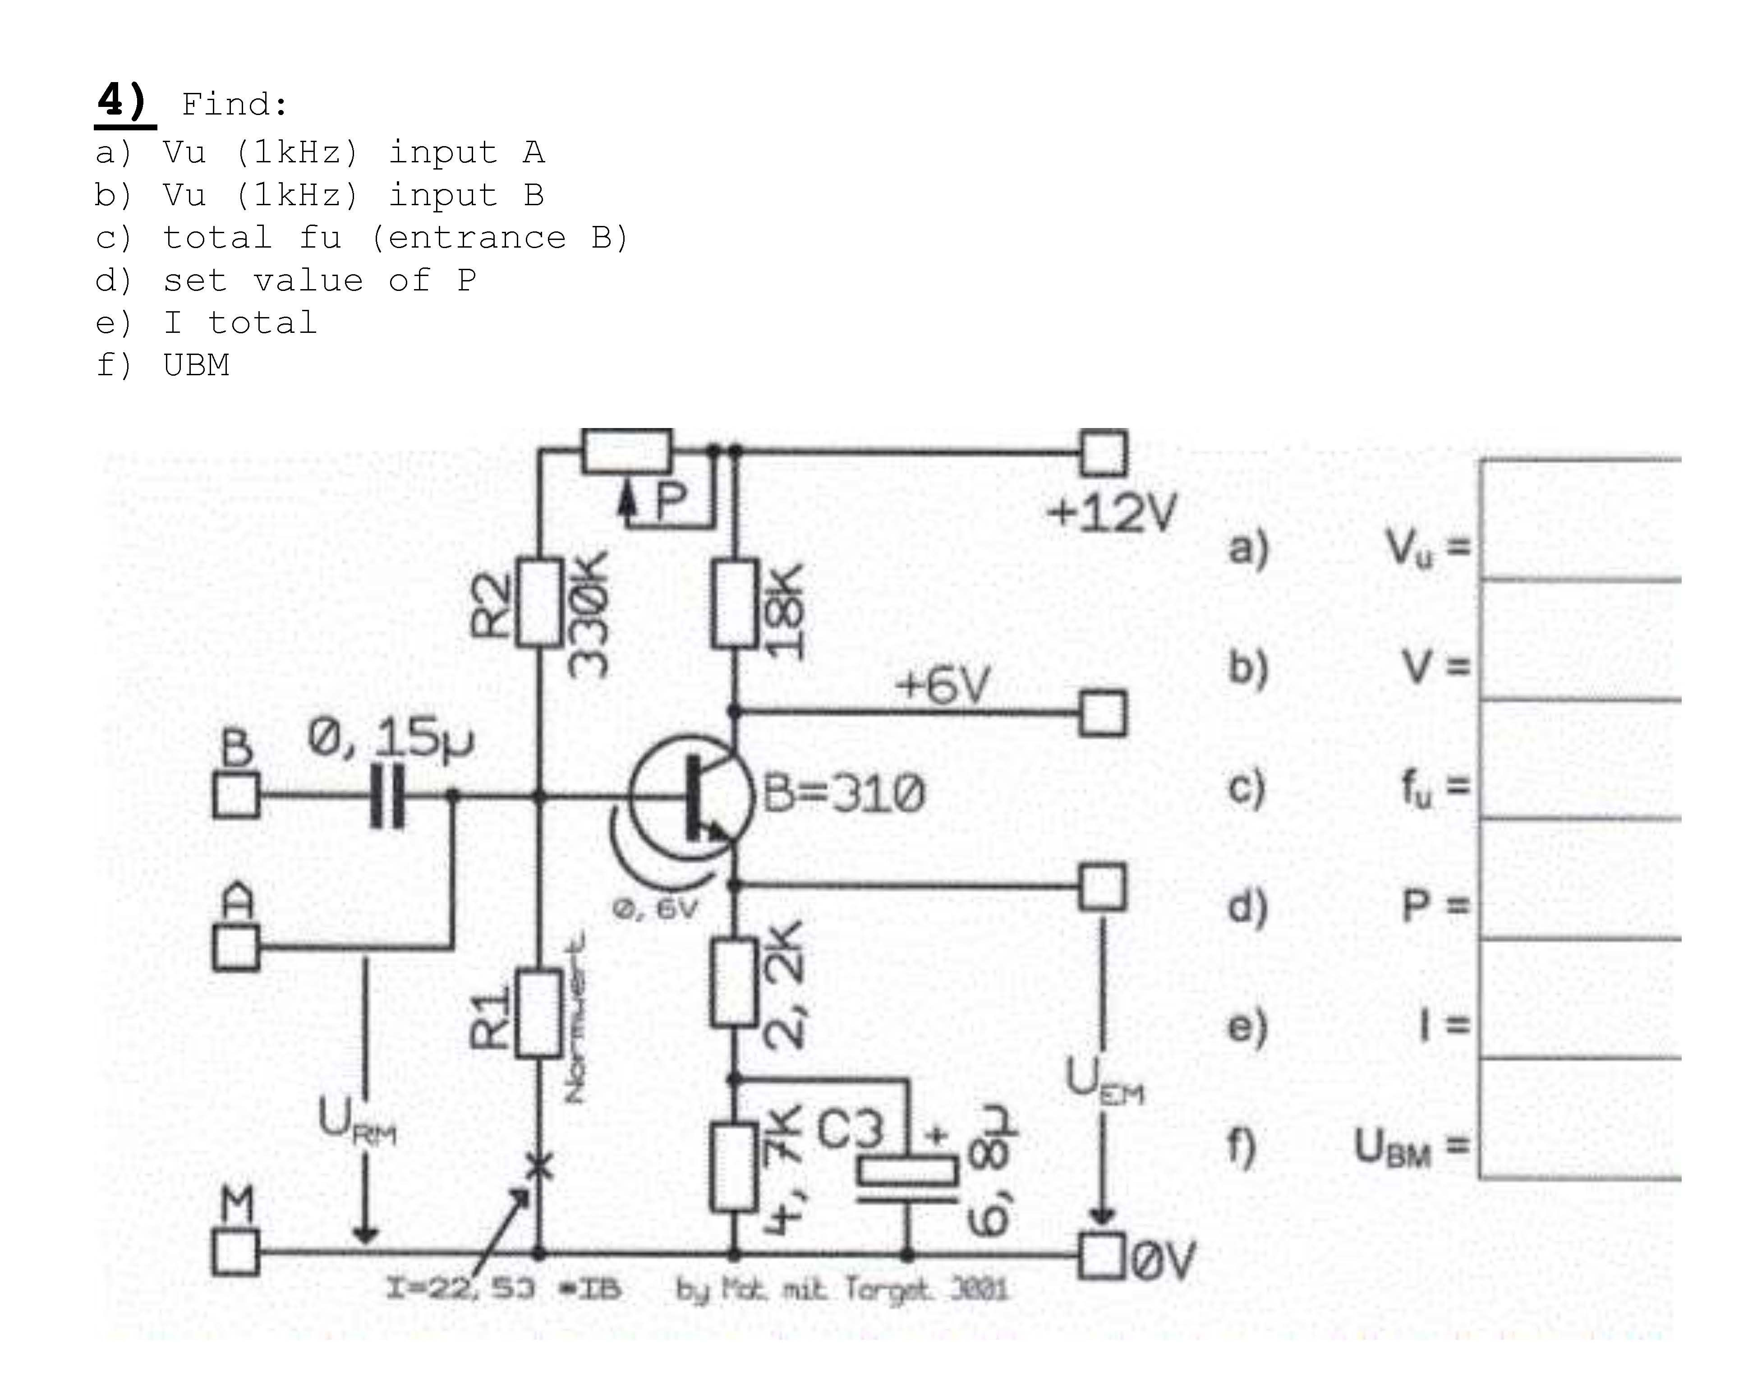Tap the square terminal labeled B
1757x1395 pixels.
(235, 794)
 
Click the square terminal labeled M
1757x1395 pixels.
(235, 1252)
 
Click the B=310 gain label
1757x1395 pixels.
(843, 793)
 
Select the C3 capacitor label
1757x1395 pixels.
(850, 1129)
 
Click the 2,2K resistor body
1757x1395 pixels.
(734, 982)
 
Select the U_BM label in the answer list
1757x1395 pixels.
(1392, 1147)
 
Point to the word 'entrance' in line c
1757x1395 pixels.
(477, 238)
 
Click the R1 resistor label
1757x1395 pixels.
(492, 1018)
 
